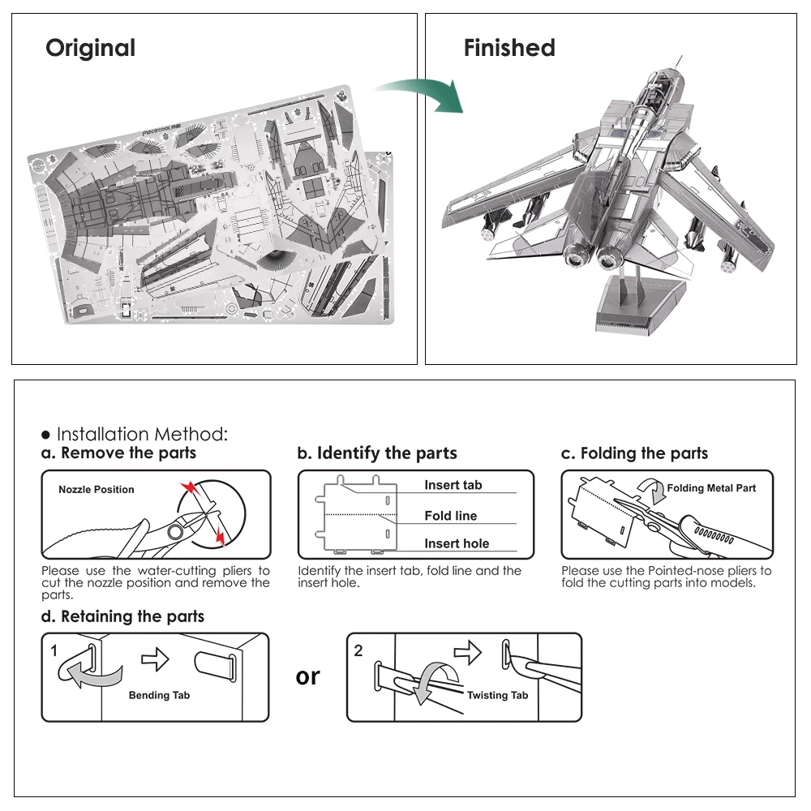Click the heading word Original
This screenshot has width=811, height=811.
tap(90, 48)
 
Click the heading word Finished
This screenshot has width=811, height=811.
tap(509, 48)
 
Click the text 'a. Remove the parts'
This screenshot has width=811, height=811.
tap(119, 453)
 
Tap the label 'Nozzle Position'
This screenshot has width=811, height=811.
tap(97, 490)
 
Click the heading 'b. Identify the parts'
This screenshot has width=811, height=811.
tap(377, 453)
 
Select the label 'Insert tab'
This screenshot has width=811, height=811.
tap(453, 485)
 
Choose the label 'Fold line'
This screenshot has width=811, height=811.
tap(450, 516)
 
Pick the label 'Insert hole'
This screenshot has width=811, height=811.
tap(457, 544)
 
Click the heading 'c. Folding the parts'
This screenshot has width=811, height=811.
tap(634, 453)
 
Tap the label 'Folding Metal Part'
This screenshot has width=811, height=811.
tap(710, 488)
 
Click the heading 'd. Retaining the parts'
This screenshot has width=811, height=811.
tap(122, 616)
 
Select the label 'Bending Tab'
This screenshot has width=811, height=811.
tap(159, 695)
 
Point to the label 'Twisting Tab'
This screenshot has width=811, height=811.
tap(497, 695)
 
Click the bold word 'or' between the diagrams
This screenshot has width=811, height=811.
tap(308, 676)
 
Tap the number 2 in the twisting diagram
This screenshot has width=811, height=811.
tap(358, 650)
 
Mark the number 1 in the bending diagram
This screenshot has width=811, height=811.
tap(54, 650)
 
